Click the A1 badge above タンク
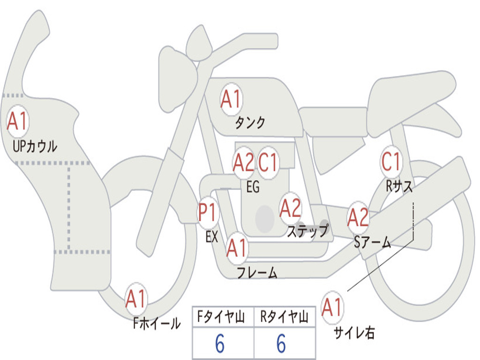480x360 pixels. [x=231, y=100]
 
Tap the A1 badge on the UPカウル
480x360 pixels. [x=18, y=122]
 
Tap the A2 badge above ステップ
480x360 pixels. [x=290, y=208]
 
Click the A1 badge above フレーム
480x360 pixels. [x=236, y=248]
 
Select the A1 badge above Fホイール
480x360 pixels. [x=136, y=299]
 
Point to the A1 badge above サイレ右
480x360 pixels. [x=332, y=307]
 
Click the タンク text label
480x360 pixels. [x=250, y=123]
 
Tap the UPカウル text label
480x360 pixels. [x=35, y=146]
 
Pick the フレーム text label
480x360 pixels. [x=257, y=273]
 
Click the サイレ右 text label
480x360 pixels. [x=354, y=333]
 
